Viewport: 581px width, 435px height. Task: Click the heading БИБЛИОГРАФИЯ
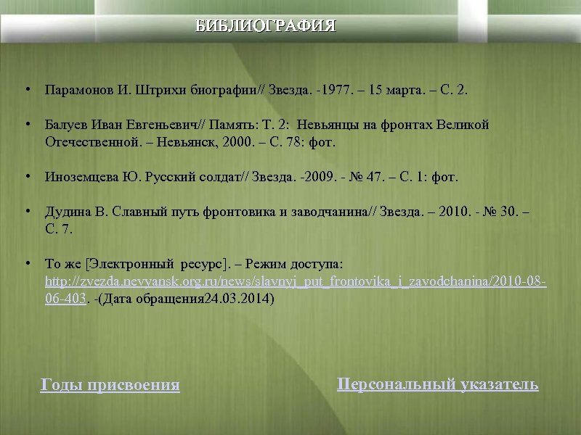(266, 27)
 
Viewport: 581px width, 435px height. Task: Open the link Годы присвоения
(110, 385)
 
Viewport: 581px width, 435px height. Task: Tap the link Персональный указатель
(438, 384)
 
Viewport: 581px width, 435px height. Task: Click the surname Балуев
(65, 125)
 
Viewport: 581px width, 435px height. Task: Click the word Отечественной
(89, 142)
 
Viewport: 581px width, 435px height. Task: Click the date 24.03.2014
(238, 298)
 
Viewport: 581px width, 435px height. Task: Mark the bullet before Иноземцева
(26, 176)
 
